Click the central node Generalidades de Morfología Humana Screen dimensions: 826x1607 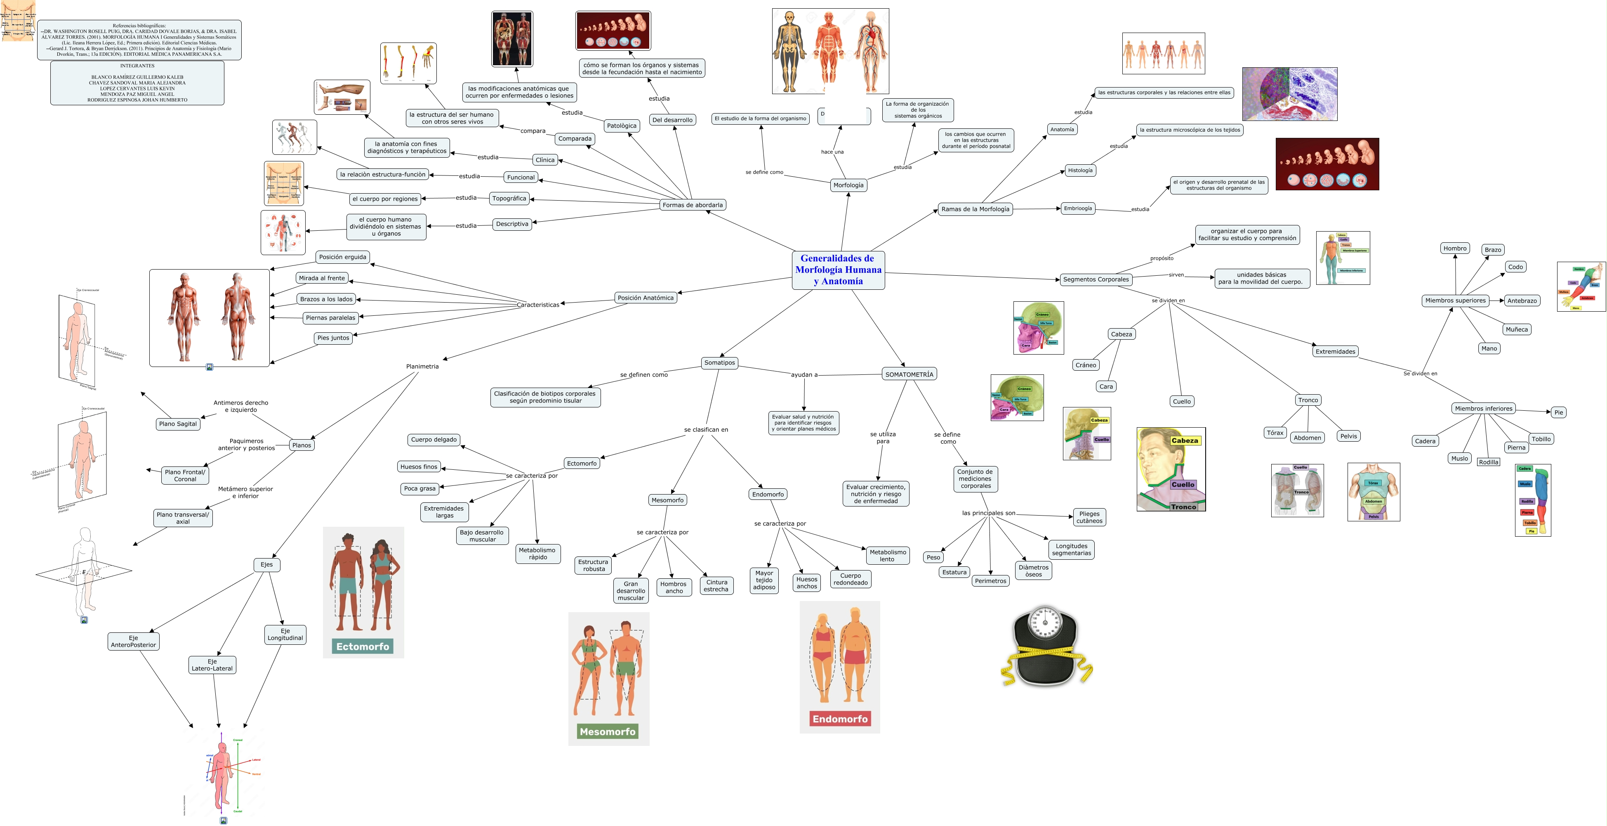[838, 270]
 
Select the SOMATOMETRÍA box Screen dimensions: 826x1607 [909, 374]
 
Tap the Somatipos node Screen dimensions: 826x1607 [719, 363]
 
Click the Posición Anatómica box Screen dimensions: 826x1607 [645, 298]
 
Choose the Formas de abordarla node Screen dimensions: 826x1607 [693, 205]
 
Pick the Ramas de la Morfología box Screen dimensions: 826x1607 [975, 209]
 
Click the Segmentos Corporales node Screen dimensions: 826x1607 [1096, 279]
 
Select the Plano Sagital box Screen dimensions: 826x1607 [178, 424]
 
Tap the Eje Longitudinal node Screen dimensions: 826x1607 [285, 634]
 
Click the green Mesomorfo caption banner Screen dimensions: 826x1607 [608, 731]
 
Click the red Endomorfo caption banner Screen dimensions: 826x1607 [840, 719]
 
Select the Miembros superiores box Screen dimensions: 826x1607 [1455, 300]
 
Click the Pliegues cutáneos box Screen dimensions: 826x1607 [1089, 517]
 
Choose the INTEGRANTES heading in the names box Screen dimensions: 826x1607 [137, 66]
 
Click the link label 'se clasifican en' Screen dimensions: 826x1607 [706, 430]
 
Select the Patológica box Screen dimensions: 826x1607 [621, 125]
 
